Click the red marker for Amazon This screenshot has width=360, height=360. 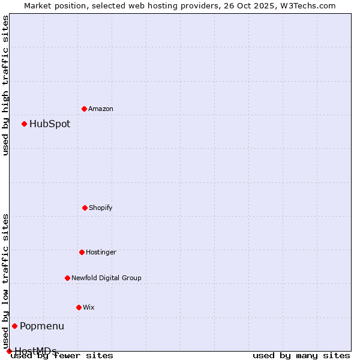[x=85, y=109]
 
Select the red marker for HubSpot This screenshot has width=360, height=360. [x=25, y=124]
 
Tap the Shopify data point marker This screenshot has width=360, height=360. [x=85, y=208]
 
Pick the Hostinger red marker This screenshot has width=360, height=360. [x=82, y=252]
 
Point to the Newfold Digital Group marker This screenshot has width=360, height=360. [x=67, y=278]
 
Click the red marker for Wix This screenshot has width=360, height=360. [x=79, y=307]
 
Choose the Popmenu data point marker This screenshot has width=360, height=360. [x=15, y=326]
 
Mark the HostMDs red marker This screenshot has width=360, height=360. [x=9, y=351]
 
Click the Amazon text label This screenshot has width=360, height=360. [x=101, y=109]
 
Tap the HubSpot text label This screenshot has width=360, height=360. [x=50, y=124]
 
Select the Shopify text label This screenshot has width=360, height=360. [x=101, y=208]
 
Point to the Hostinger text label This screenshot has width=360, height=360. [x=101, y=252]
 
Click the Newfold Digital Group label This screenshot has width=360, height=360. [x=106, y=278]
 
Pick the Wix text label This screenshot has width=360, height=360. [x=89, y=307]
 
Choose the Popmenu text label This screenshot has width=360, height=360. [x=42, y=326]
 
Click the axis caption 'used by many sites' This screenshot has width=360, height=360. [x=301, y=356]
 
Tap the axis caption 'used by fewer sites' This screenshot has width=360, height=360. [x=62, y=356]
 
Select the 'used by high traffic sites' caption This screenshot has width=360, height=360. [x=5, y=86]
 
